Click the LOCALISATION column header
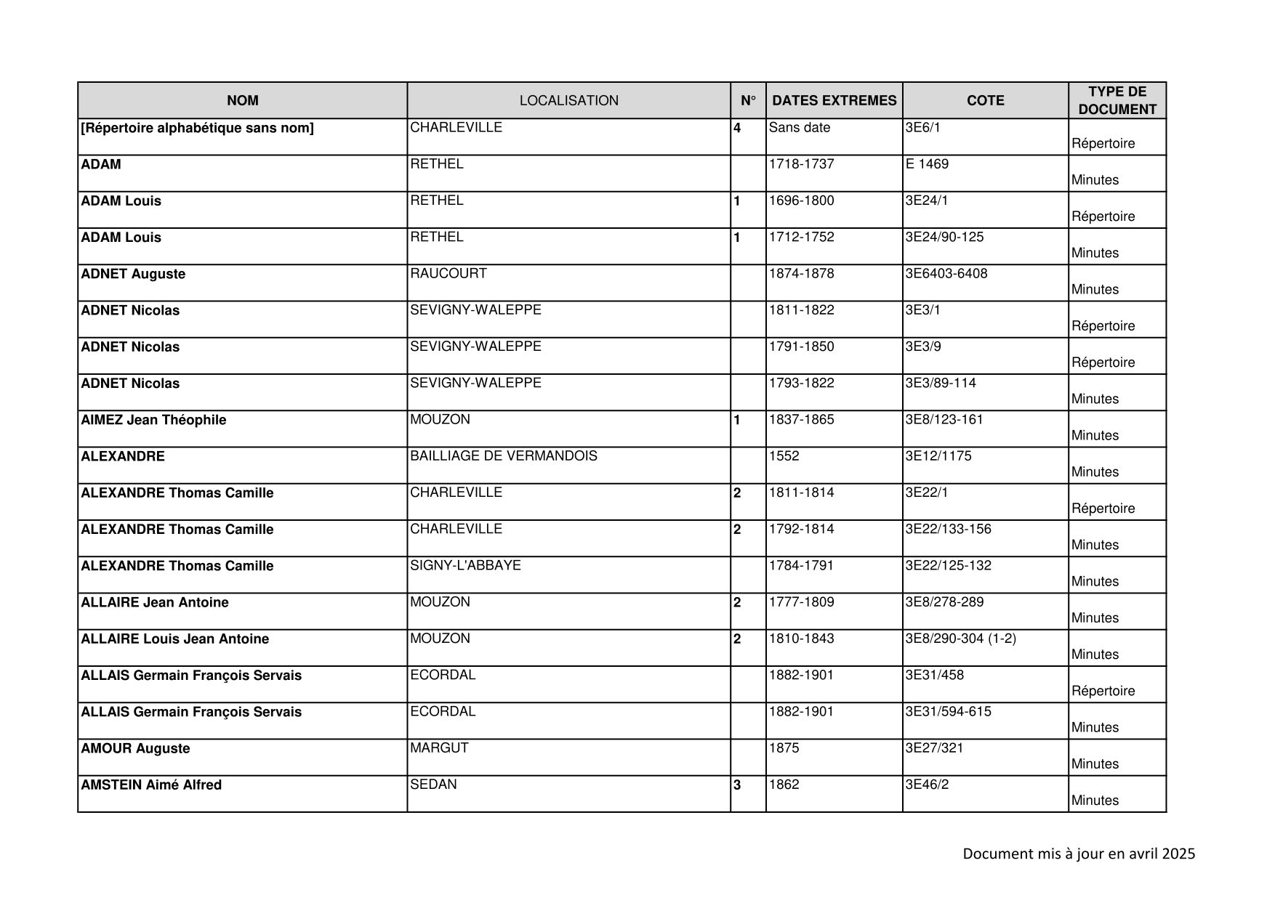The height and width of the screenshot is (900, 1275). [568, 101]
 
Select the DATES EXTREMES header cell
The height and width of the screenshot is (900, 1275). [834, 101]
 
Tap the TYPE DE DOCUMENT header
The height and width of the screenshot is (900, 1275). [1117, 101]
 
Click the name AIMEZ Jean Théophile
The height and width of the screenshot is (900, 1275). [153, 420]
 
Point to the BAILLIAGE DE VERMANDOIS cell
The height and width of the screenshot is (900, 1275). [503, 456]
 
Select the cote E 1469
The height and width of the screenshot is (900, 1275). [927, 164]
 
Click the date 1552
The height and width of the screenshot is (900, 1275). [784, 456]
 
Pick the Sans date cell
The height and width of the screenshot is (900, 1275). [799, 128]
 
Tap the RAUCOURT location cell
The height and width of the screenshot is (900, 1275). [448, 274]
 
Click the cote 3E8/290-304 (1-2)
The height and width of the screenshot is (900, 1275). [960, 638]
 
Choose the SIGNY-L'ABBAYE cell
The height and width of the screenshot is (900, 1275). [465, 565]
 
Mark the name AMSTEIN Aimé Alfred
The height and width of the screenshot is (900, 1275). [151, 785]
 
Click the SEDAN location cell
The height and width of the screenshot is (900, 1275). [433, 785]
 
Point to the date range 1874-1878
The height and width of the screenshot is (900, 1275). [801, 274]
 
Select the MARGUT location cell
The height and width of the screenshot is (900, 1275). [439, 747]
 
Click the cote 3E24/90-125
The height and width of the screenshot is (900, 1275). [944, 237]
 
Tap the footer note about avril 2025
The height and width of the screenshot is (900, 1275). [1078, 854]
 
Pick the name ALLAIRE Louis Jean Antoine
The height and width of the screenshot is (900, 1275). [174, 639]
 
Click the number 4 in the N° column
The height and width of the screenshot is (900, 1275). [737, 129]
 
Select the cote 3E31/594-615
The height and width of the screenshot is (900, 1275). [947, 712]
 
